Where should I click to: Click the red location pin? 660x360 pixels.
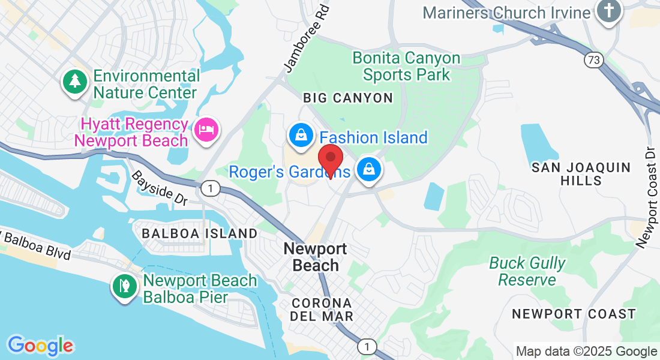point(330,160)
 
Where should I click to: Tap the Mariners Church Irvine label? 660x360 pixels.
point(506,12)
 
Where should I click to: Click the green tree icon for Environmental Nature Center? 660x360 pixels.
point(75,82)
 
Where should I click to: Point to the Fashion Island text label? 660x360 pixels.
point(373,137)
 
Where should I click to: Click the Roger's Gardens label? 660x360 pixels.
point(289,172)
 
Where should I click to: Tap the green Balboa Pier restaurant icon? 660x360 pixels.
point(125,287)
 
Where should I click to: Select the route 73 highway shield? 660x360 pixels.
point(593,60)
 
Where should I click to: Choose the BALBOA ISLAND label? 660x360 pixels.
point(199,233)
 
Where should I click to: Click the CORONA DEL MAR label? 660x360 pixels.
point(322,309)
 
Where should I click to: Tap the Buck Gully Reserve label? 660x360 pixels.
point(527,271)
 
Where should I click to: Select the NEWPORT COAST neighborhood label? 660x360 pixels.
point(574,314)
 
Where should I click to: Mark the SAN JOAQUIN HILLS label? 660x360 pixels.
point(581,174)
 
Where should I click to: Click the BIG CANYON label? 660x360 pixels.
point(347,98)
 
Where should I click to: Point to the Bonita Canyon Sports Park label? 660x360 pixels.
point(406,66)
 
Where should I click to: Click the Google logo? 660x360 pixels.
point(40,345)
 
